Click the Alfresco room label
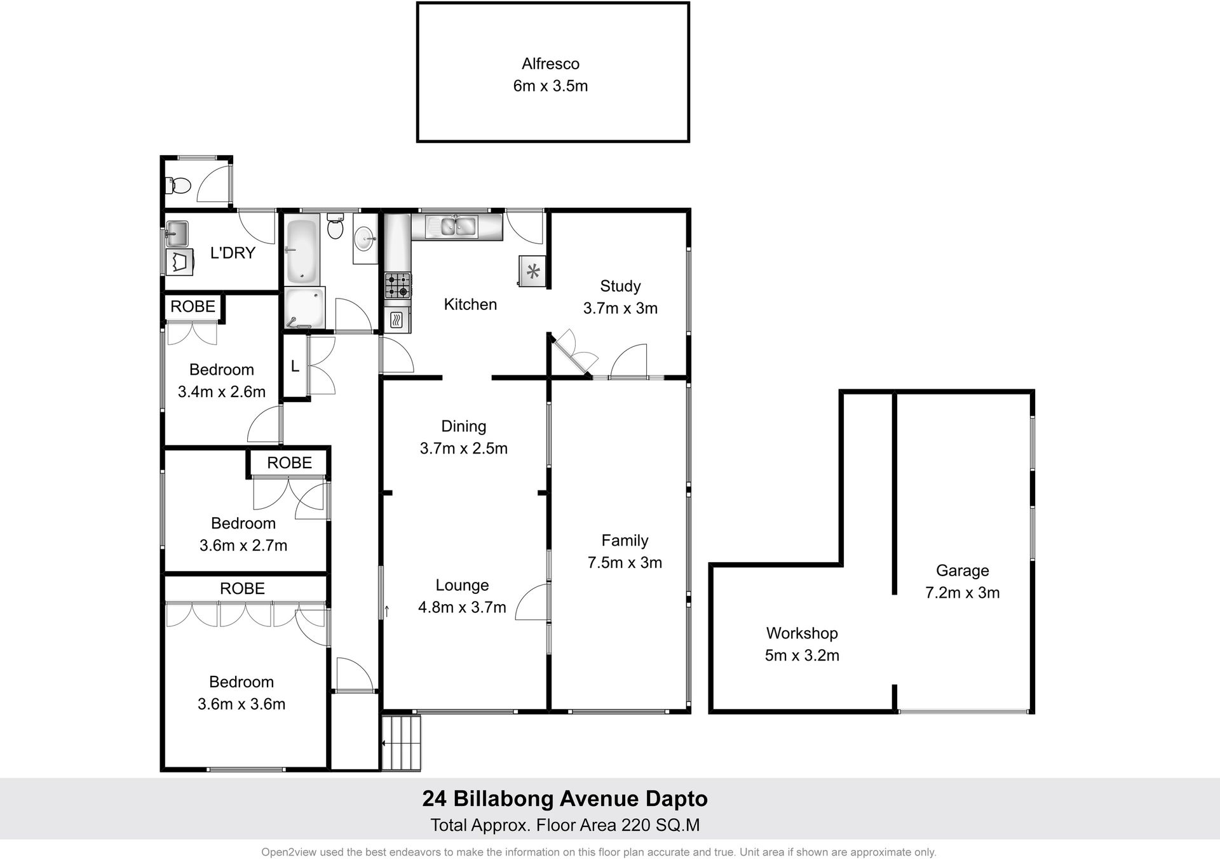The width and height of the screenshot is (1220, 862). point(550,64)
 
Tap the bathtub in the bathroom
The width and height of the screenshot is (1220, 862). point(301,250)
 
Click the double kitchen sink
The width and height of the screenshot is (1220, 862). point(452,226)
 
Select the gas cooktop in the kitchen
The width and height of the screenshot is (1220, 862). point(398,285)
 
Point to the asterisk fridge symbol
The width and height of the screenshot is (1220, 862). point(533,272)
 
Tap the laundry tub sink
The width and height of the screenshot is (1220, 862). point(177,233)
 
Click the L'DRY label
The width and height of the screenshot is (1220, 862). point(233,253)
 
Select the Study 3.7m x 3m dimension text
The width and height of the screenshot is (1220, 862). point(620,308)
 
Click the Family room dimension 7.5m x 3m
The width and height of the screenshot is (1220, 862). point(625,562)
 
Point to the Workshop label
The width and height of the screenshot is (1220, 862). point(802,633)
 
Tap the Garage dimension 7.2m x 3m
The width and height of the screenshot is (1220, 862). point(962,592)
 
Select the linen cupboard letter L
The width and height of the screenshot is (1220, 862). point(295,366)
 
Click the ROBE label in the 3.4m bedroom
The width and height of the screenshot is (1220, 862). point(193,306)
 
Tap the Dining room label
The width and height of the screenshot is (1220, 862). point(464,426)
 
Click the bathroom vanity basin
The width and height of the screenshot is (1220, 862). point(365,238)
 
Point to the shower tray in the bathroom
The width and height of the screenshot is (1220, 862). point(305,307)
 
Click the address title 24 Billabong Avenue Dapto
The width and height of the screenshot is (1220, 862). point(565,798)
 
